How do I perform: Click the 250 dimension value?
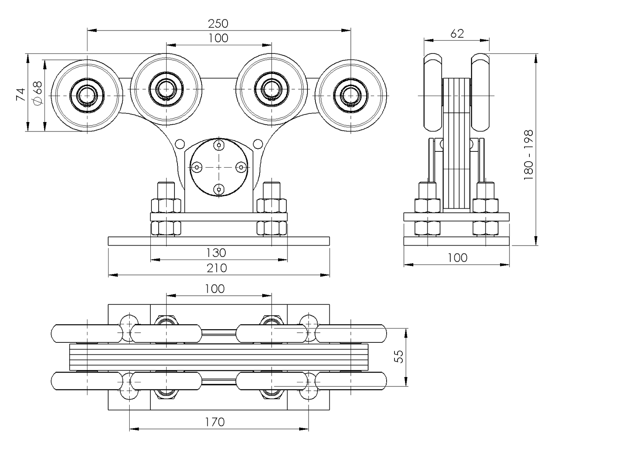point(218,24)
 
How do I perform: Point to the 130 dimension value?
point(216,253)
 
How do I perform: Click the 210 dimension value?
point(217,268)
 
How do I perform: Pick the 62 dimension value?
point(457,34)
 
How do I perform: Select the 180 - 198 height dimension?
point(529,154)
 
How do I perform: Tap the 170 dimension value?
point(215,422)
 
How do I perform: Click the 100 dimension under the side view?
point(457,258)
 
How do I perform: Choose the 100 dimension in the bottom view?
point(215,289)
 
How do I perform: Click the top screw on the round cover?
point(219,144)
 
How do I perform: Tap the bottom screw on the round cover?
point(219,189)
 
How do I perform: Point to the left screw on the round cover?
point(196,167)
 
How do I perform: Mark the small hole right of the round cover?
point(258,144)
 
